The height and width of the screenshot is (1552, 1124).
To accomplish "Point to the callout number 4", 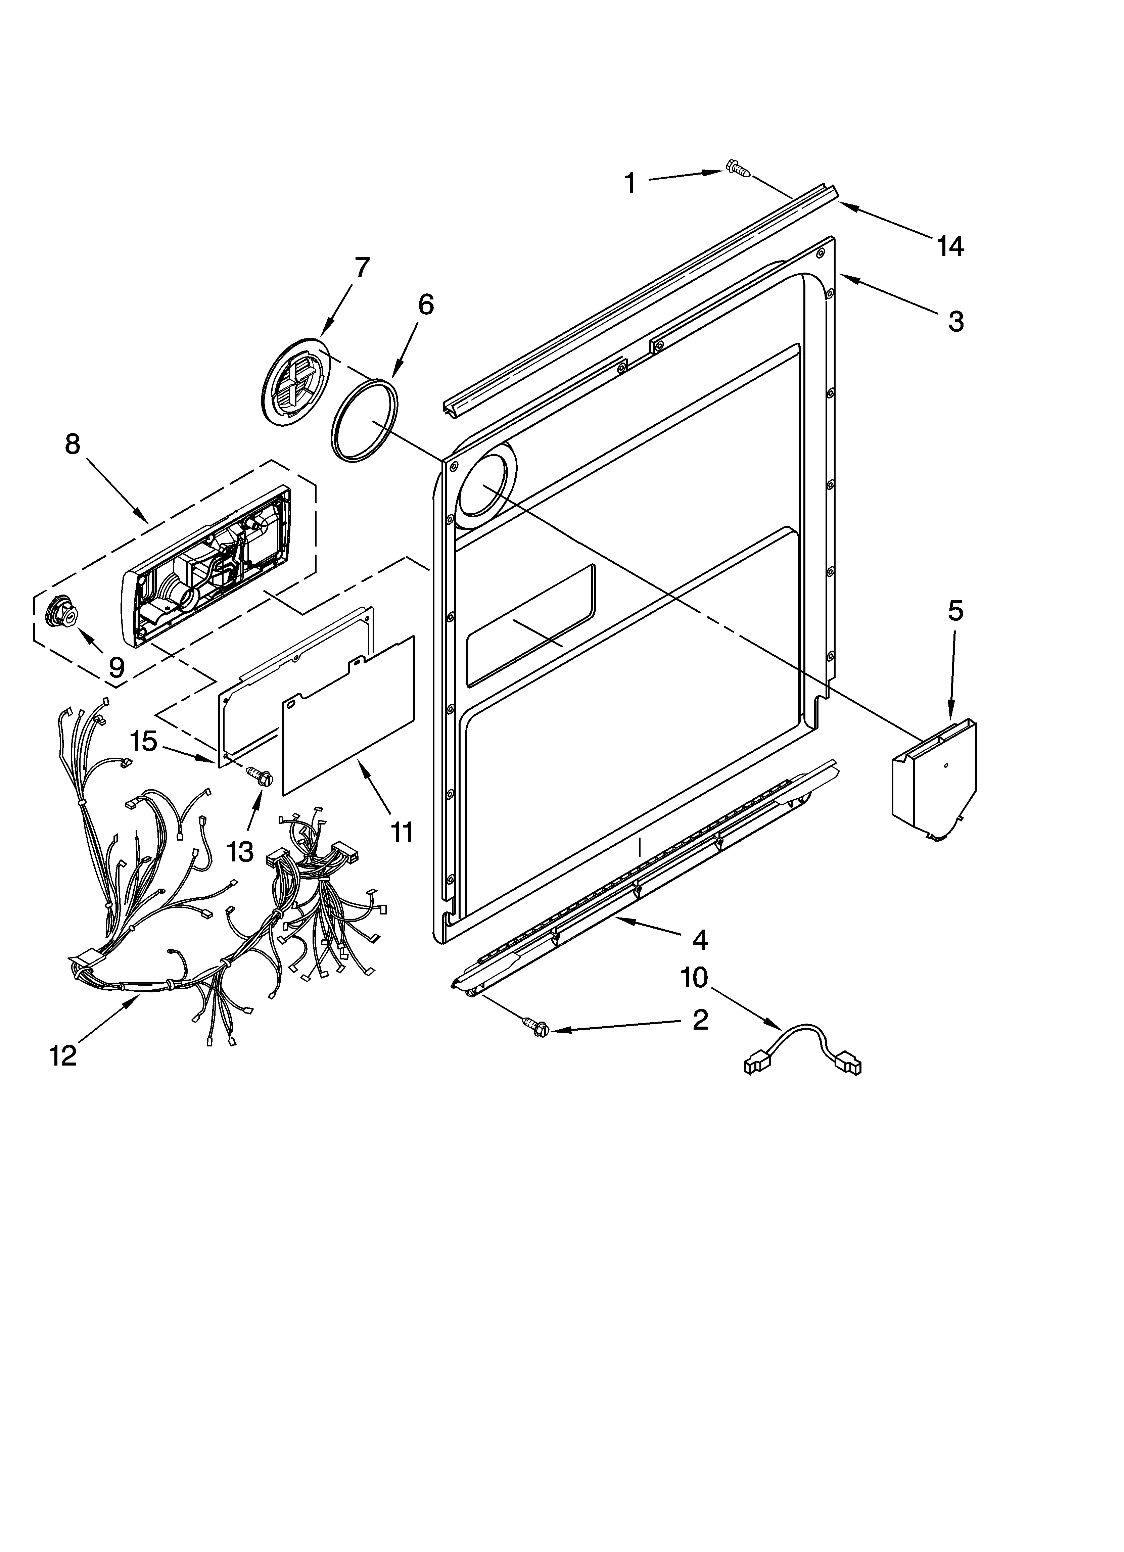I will pyautogui.click(x=700, y=940).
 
